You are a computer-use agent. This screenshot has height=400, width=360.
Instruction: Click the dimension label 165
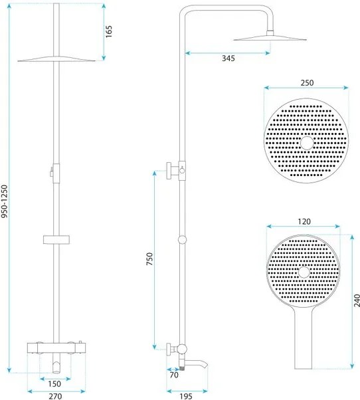click(110, 31)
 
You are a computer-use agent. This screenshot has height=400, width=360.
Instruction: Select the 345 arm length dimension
click(228, 58)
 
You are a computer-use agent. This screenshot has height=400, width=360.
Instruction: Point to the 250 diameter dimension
click(306, 83)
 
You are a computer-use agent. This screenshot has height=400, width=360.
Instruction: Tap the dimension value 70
click(174, 375)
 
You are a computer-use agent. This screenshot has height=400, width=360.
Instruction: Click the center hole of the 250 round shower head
click(306, 142)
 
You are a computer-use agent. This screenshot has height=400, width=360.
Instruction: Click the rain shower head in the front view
click(56, 60)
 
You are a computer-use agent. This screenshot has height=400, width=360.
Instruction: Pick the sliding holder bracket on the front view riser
click(56, 239)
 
